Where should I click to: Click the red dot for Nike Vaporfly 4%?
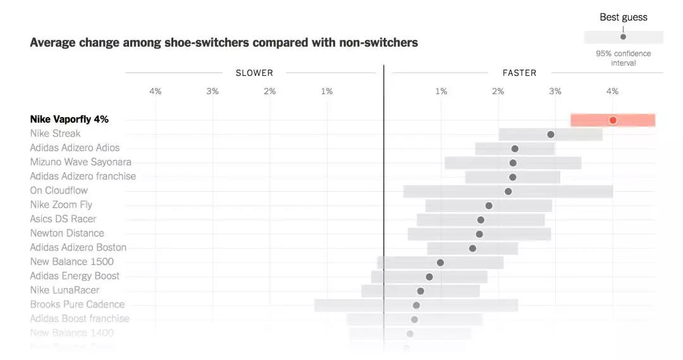[612, 120]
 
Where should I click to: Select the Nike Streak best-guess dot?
[551, 134]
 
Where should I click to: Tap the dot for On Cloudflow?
[508, 191]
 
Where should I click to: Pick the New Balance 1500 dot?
[440, 263]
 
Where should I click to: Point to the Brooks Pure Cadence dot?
[416, 305]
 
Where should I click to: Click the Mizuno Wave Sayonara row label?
[80, 162]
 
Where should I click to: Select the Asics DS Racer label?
[63, 219]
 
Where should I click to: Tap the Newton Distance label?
[67, 233]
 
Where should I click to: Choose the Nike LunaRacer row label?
[65, 290]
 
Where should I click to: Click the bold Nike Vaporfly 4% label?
[69, 119]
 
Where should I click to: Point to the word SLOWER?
[254, 73]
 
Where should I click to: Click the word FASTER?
[519, 73]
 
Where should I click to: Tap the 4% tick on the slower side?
[155, 91]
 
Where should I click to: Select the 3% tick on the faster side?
[555, 91]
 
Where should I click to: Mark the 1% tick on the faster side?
[441, 91]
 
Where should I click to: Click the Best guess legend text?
[624, 17]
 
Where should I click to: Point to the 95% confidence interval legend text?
[623, 58]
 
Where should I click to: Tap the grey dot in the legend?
[623, 37]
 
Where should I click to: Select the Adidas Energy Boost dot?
[429, 276]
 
